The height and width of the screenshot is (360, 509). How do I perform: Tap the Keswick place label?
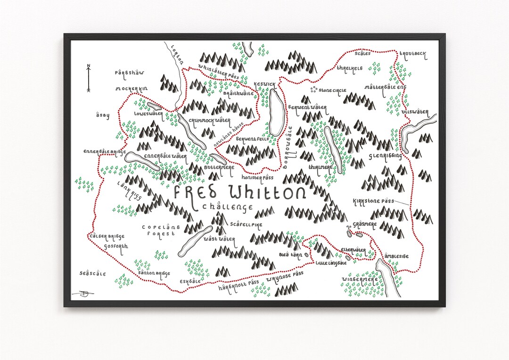tap(264, 84)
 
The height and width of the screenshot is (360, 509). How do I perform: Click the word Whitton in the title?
tap(267, 193)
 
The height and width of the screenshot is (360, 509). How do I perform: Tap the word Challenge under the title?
tap(227, 207)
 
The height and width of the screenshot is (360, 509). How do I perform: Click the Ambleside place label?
tap(396, 256)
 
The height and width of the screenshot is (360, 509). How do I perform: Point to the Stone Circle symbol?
tap(313, 89)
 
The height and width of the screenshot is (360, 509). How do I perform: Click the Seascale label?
tap(93, 273)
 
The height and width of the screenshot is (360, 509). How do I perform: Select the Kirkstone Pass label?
tap(373, 201)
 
